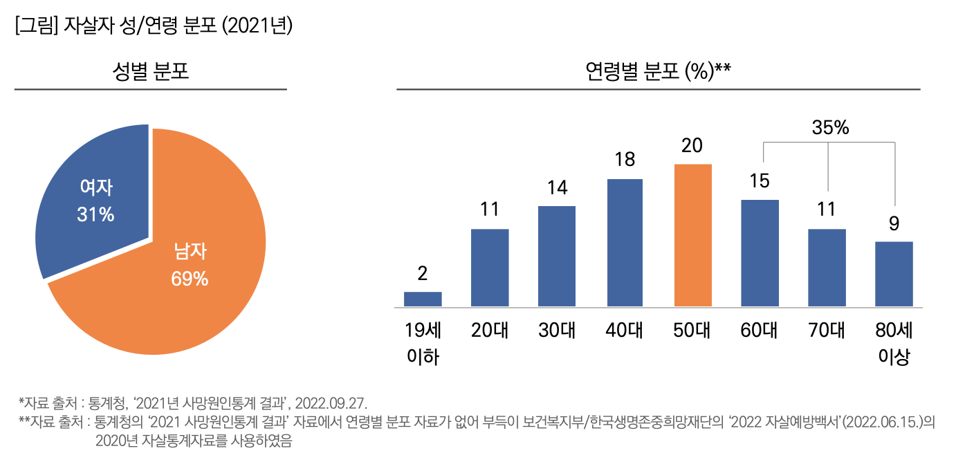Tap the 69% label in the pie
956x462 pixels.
coord(190,279)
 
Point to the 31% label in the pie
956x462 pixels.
coord(95,214)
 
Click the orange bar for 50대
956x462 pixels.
coord(692,235)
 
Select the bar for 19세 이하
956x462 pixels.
coord(423,299)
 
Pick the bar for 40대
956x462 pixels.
coord(625,242)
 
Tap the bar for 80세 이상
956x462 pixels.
coord(894,273)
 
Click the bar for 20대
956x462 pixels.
coord(490,267)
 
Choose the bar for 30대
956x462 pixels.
coord(557,256)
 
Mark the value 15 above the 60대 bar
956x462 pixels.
coord(760,181)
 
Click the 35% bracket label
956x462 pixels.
coord(830,128)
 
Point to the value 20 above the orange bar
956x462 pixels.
coord(692,145)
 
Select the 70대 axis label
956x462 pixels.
coord(827,331)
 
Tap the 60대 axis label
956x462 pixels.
coord(760,331)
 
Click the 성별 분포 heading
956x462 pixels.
coord(150,71)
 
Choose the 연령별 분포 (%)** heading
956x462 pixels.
coord(658,71)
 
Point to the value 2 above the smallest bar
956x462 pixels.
coord(423,273)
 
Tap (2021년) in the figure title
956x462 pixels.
coord(259,26)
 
